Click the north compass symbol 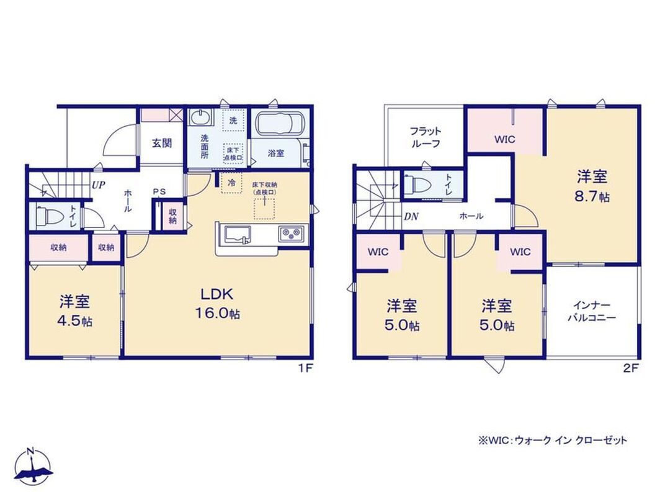[33, 466]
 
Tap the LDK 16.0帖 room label [217, 303]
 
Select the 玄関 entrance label [162, 143]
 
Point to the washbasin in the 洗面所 [201, 117]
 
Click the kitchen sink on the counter [237, 235]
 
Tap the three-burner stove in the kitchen [292, 234]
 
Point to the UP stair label [99, 185]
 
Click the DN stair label [411, 217]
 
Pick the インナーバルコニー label [592, 311]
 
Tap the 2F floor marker [631, 368]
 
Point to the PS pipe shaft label [159, 192]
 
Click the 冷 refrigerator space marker [231, 183]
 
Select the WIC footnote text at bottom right [553, 440]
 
